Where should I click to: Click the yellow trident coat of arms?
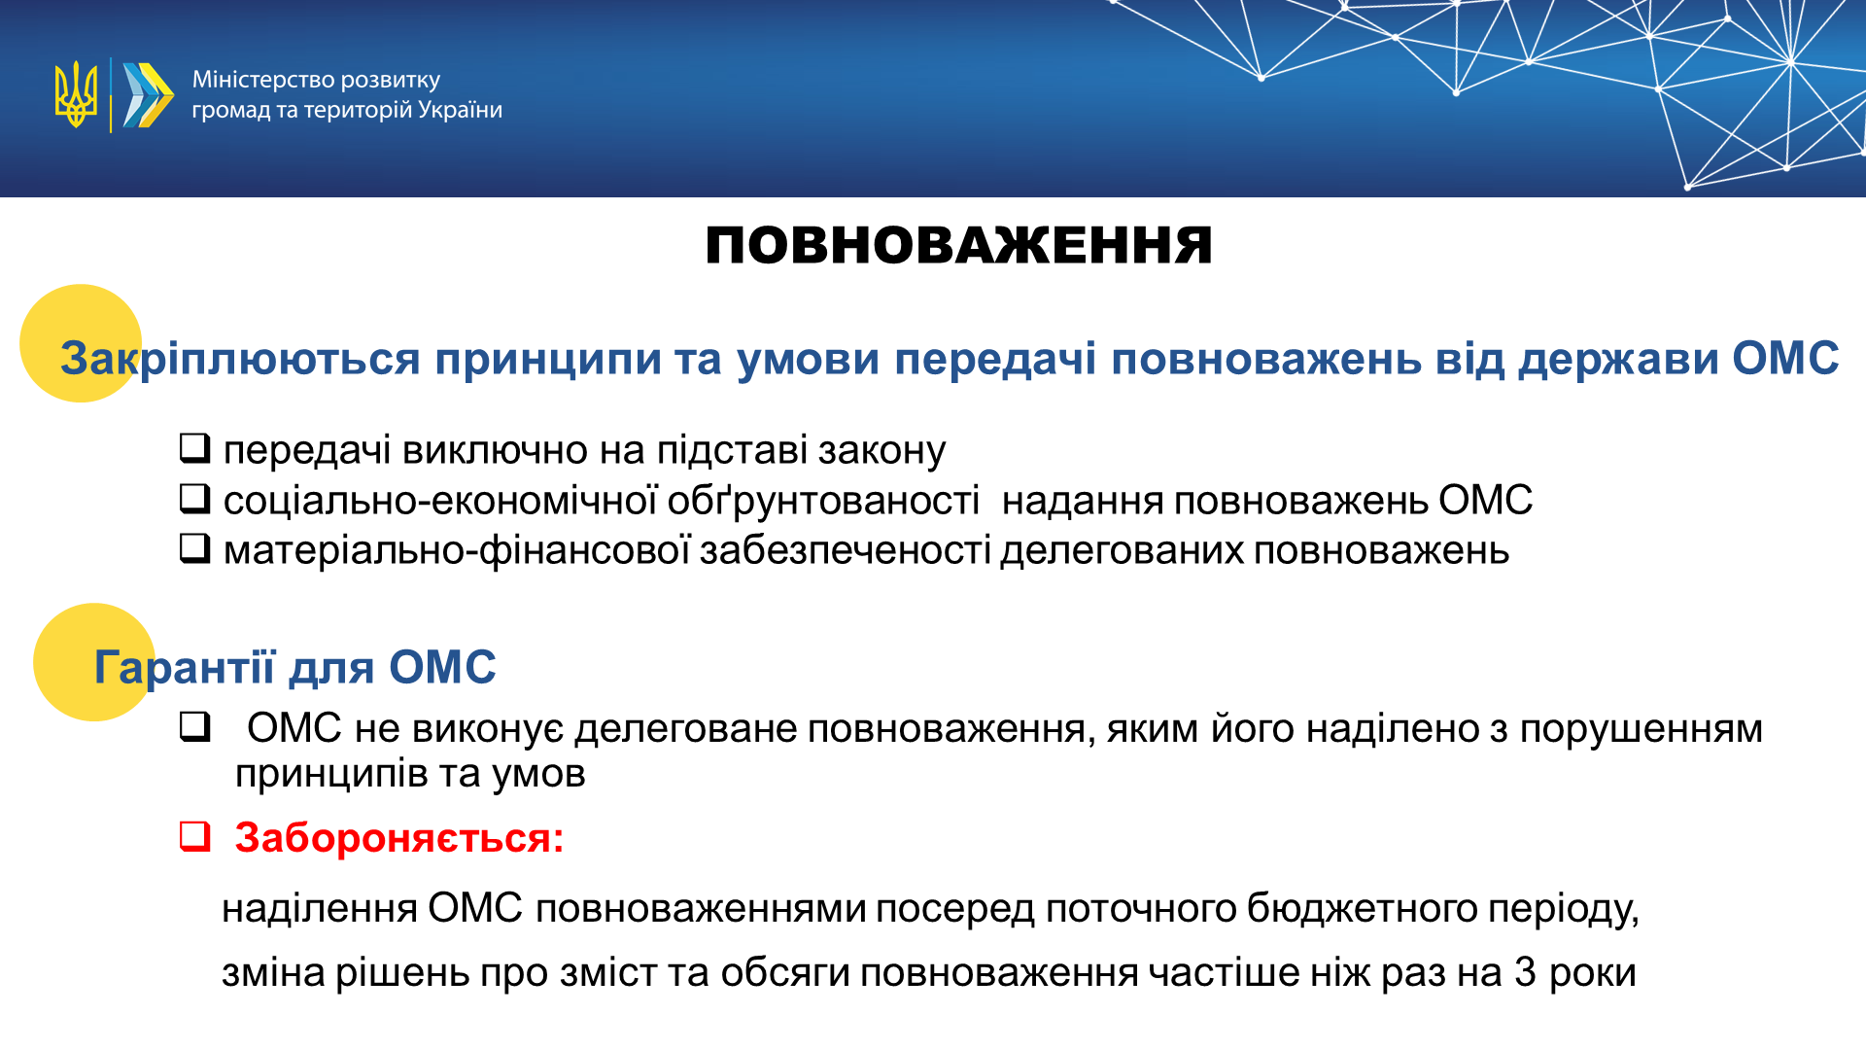(76, 94)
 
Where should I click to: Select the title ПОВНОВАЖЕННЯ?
(958, 245)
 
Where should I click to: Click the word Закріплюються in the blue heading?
(240, 359)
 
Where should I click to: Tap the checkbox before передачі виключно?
(195, 447)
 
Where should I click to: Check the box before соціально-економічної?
(195, 498)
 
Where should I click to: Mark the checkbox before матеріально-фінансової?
(195, 548)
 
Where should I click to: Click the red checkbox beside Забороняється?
(195, 836)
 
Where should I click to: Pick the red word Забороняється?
(399, 838)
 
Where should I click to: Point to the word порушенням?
(1641, 729)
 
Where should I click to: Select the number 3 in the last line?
(1525, 972)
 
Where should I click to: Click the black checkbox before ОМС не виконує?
(195, 726)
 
